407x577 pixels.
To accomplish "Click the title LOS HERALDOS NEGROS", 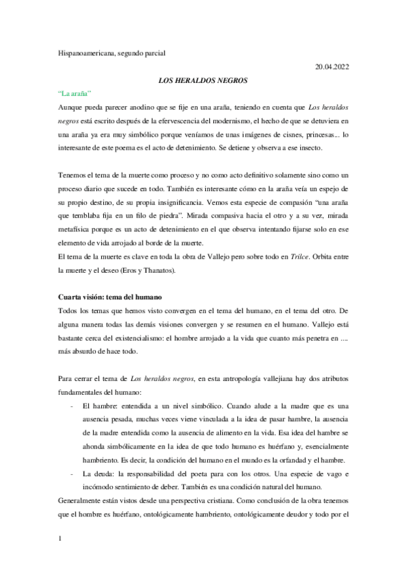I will (202, 80).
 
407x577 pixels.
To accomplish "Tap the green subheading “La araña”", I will (75, 93).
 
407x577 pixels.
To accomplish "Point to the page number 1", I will (60, 540).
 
